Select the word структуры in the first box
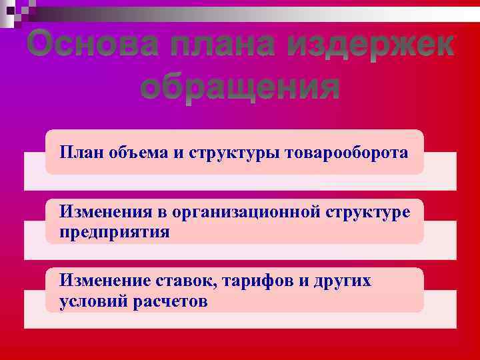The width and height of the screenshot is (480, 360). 229,153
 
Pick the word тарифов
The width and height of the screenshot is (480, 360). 257,281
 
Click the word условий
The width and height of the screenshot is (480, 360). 93,301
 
